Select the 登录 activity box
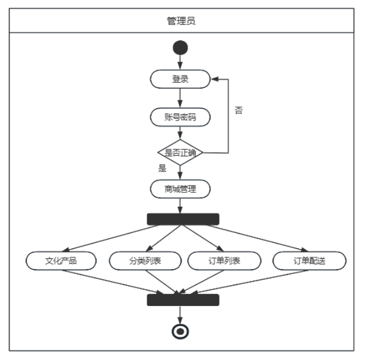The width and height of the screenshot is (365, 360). (180, 78)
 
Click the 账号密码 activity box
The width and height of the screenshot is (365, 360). (180, 116)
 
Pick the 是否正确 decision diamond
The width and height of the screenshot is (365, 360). (180, 153)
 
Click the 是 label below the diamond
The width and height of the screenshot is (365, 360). (163, 168)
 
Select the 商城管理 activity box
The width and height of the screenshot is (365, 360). (180, 190)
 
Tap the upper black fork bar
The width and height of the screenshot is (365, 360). (183, 219)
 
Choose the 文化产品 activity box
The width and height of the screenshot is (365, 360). (61, 261)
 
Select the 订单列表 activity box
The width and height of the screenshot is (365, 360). (224, 261)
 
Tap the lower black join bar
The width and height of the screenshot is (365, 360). (183, 300)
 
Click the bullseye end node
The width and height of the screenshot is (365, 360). (180, 331)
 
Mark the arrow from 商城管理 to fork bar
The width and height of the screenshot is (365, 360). (180, 206)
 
